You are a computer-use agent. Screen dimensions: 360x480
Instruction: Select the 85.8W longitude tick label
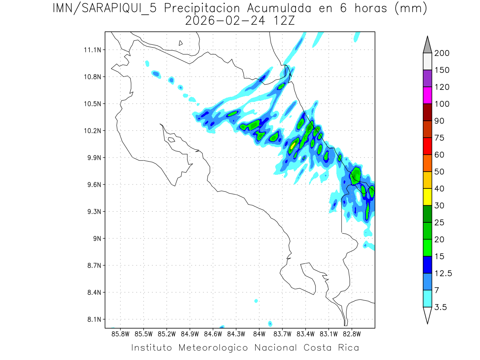(x=121, y=334)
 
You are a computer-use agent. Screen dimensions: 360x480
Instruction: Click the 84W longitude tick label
(x=259, y=334)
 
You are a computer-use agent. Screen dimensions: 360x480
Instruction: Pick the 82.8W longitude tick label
(x=352, y=334)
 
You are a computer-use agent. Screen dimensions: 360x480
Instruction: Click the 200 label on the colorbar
(x=442, y=53)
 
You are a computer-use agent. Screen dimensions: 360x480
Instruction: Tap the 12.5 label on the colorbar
(x=443, y=273)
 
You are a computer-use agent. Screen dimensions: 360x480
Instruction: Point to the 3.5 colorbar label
(x=441, y=307)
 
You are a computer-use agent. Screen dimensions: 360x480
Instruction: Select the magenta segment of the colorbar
(x=427, y=95)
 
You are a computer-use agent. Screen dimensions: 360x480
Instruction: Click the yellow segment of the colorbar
(x=427, y=197)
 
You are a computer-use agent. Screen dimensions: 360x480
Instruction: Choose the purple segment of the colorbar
(x=427, y=78)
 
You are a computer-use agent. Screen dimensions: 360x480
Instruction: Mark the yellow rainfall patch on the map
(x=293, y=146)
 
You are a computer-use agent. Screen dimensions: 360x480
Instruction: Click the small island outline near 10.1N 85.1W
(x=171, y=140)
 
